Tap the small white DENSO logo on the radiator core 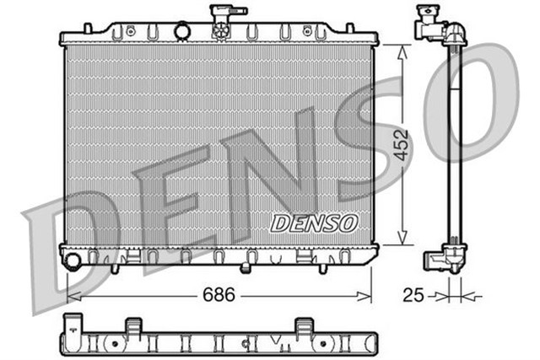coord(314,223)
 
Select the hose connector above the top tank coord(220,14)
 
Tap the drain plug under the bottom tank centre coord(245,268)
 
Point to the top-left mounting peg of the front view coord(88,29)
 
